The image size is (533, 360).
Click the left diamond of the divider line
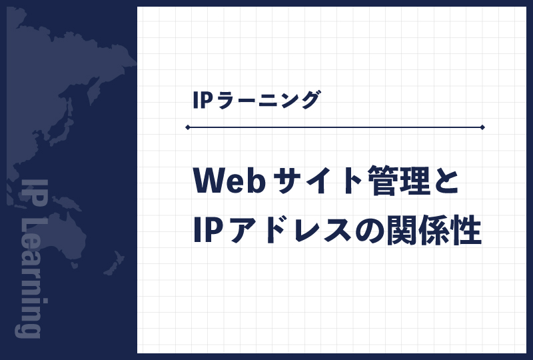tap(188, 127)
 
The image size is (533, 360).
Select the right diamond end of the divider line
tap(482, 127)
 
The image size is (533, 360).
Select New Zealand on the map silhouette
tap(113, 263)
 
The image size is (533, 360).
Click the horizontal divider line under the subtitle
tap(333, 127)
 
